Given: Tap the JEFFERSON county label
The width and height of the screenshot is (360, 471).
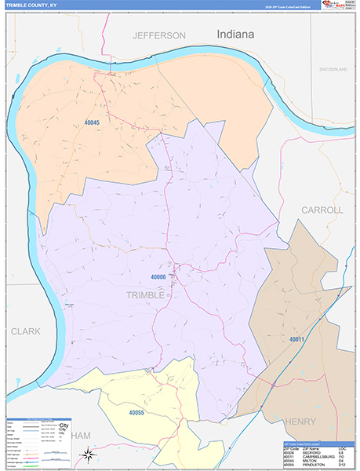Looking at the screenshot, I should click(159, 36).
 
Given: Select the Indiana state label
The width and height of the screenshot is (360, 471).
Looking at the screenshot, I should click(235, 35).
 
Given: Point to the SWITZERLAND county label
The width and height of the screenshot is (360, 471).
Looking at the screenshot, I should click(333, 70).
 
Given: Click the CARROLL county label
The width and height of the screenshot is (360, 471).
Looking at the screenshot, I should click(322, 210).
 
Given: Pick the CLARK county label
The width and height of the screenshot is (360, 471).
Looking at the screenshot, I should click(25, 331).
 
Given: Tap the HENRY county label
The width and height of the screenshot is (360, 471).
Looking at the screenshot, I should click(300, 422).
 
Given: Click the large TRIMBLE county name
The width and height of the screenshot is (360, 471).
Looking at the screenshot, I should click(145, 295).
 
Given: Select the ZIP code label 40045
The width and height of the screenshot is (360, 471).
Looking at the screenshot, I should click(92, 122).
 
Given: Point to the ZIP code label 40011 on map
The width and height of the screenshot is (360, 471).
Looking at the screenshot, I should click(296, 339).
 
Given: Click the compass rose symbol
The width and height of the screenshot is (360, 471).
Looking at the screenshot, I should click(90, 455).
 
